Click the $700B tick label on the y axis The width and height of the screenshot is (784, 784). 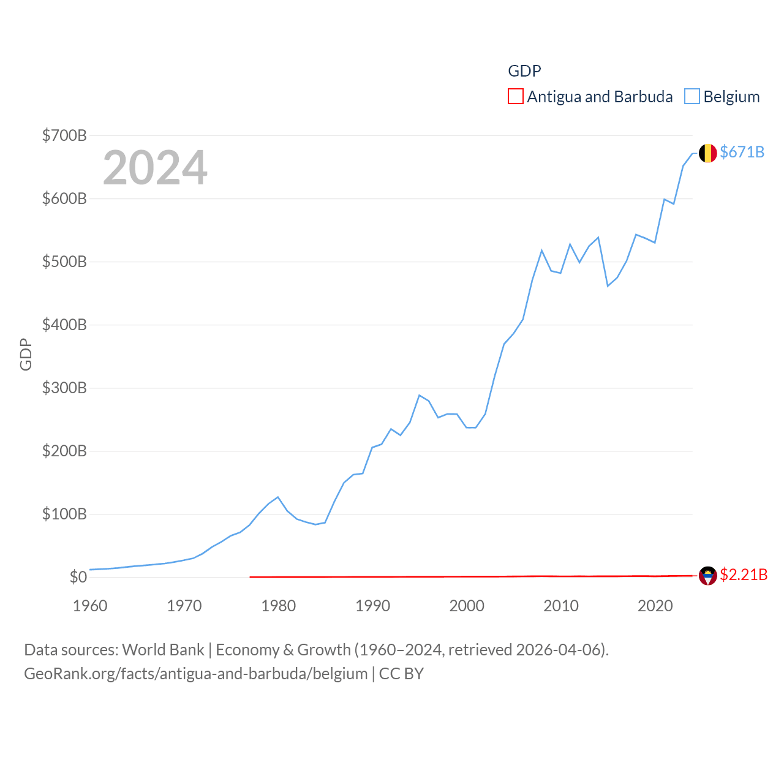(x=64, y=135)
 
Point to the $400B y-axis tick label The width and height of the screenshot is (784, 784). (x=64, y=325)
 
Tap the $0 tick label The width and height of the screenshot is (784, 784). (x=78, y=577)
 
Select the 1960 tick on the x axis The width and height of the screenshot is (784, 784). (x=90, y=606)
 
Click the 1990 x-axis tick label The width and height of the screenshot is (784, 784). (x=372, y=606)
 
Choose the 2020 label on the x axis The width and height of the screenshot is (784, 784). (x=655, y=606)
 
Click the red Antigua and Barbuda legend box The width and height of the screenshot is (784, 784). (x=516, y=97)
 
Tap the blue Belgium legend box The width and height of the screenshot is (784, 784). (x=692, y=97)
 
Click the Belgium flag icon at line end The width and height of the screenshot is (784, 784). (x=708, y=153)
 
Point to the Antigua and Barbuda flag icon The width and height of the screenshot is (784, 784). (x=708, y=576)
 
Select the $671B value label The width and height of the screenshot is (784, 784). (x=742, y=152)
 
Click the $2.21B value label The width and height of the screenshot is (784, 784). (x=744, y=575)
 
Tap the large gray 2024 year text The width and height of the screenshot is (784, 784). (x=155, y=168)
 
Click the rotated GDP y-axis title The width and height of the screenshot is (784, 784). (x=26, y=354)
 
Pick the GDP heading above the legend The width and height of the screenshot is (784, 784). (x=524, y=71)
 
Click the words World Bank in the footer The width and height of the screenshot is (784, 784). (x=163, y=649)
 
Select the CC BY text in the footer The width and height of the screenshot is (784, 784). (x=401, y=674)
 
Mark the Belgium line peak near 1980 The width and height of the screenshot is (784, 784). (x=278, y=497)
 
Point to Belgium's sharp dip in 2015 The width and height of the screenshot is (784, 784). (x=608, y=286)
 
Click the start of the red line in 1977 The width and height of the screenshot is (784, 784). (x=251, y=577)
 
